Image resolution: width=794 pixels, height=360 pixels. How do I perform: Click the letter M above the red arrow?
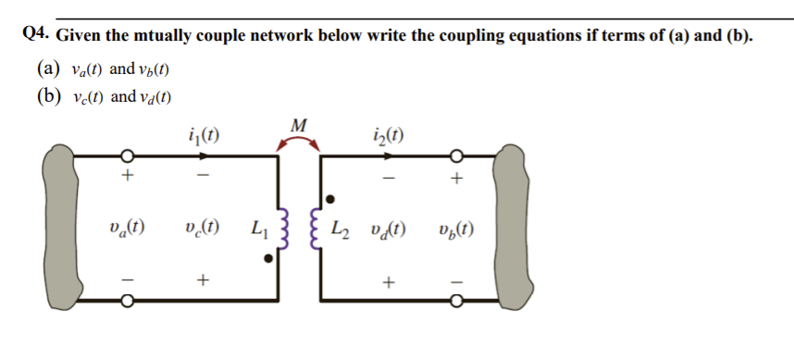[298, 125]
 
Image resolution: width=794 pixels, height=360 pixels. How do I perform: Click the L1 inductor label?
[260, 227]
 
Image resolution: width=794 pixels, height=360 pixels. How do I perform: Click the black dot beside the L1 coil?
[269, 260]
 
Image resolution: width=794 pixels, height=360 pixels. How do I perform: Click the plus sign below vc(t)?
[203, 278]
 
